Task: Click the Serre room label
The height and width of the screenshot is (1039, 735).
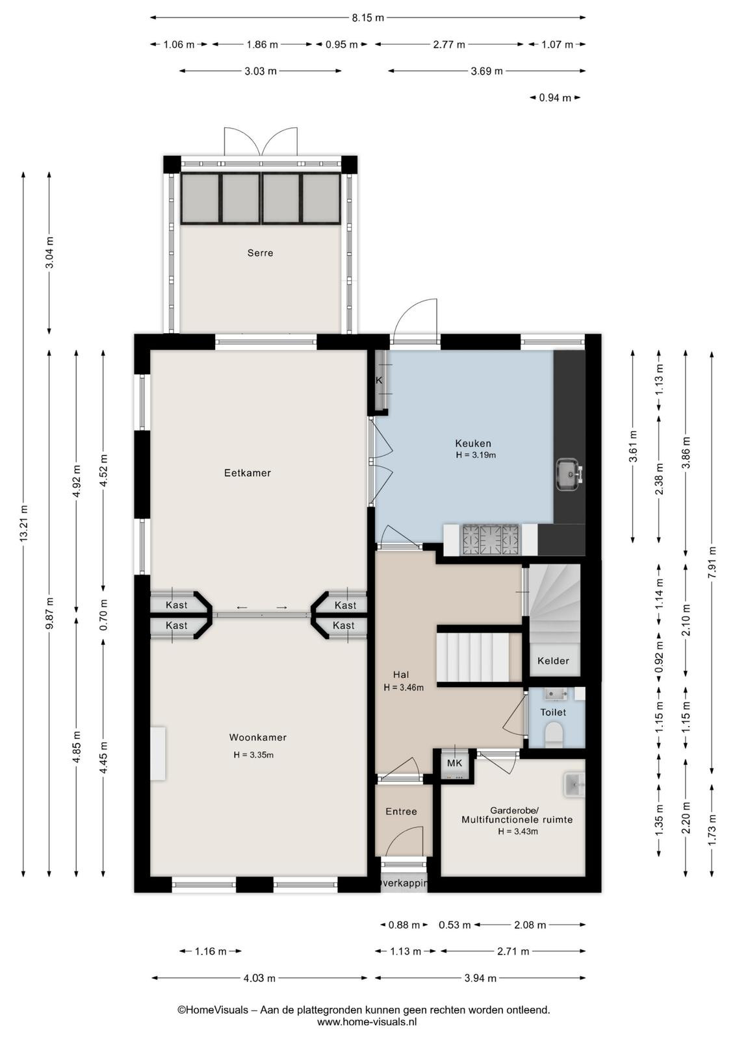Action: [x=260, y=253]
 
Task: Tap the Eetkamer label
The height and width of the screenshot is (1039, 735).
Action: [x=248, y=473]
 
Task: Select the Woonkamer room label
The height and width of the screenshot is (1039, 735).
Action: [x=258, y=738]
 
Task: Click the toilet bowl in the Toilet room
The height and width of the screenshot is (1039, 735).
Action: [x=554, y=736]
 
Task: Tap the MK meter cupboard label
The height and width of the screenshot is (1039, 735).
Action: [x=454, y=763]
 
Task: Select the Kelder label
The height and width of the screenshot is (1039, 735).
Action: [x=553, y=661]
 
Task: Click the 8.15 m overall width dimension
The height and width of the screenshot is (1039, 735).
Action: [x=368, y=18]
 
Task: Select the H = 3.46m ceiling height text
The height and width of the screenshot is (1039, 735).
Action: [x=404, y=688]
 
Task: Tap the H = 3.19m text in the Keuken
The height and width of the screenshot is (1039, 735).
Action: [x=476, y=455]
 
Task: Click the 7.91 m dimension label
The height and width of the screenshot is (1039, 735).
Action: [x=712, y=562]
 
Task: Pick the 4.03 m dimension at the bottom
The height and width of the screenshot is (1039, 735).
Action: [x=259, y=978]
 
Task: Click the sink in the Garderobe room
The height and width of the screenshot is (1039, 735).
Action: [x=575, y=785]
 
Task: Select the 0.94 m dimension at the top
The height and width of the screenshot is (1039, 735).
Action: [x=555, y=98]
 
